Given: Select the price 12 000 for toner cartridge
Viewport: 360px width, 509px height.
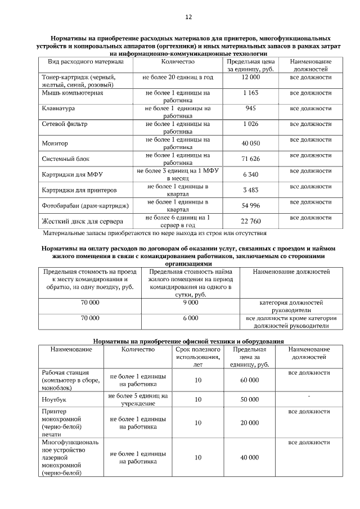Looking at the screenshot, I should click(x=250, y=76).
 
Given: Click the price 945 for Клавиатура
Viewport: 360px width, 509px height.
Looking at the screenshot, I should click(x=250, y=108).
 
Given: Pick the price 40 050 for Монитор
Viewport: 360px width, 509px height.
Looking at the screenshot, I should click(x=250, y=143).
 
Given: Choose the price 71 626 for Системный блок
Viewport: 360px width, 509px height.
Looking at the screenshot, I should click(x=250, y=159).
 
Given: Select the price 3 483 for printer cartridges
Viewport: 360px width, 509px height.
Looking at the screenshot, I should click(x=250, y=190).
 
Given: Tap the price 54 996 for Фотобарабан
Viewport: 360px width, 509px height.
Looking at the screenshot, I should click(x=250, y=205).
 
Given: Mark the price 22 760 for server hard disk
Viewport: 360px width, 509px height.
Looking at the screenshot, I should click(x=250, y=221).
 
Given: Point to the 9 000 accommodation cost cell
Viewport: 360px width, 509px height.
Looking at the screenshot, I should click(x=190, y=303).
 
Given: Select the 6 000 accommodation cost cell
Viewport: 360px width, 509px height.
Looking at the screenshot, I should click(x=190, y=318).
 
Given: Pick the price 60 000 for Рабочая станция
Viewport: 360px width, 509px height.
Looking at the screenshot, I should click(x=250, y=380).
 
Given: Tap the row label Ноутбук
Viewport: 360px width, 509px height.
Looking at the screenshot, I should click(x=55, y=399).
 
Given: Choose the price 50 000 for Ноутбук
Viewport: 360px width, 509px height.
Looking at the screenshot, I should click(x=250, y=399).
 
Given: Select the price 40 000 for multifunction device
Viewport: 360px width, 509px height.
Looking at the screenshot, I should click(x=250, y=458).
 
